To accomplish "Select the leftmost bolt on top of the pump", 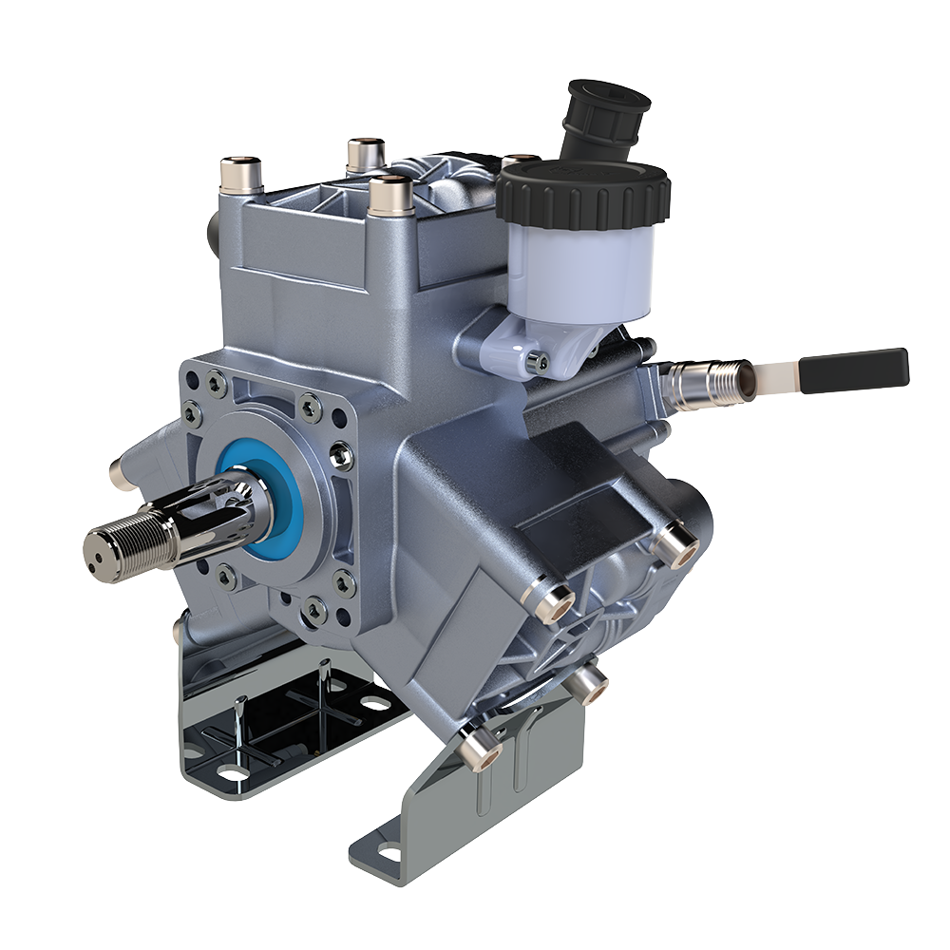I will click(241, 176).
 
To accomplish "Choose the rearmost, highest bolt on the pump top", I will click(365, 153).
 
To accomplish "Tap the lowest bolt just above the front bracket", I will click(479, 750).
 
